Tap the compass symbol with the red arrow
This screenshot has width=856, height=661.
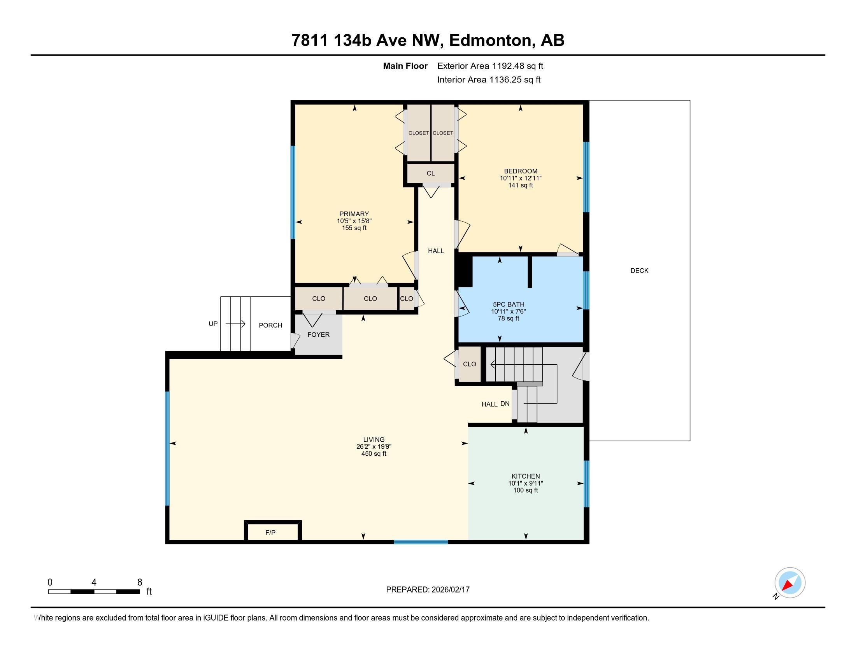(x=789, y=583)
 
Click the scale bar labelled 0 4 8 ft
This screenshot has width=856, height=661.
(x=94, y=591)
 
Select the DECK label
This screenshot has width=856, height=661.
(x=639, y=271)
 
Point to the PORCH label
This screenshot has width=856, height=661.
(x=270, y=325)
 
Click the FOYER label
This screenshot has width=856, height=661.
(x=318, y=335)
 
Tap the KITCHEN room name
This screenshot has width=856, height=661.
(x=526, y=476)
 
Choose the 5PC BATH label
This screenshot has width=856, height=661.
(x=509, y=305)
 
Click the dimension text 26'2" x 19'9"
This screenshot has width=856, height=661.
(x=374, y=447)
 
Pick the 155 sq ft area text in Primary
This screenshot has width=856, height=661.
(x=354, y=228)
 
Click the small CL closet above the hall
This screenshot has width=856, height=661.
(x=430, y=173)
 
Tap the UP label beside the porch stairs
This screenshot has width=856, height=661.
(x=213, y=324)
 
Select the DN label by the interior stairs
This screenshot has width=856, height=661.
(x=505, y=404)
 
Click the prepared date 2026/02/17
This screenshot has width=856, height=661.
(x=450, y=590)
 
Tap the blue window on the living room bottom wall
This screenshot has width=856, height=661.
(x=421, y=542)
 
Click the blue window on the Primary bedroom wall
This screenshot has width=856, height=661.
(x=292, y=192)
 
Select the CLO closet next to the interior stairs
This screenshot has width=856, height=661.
(x=470, y=364)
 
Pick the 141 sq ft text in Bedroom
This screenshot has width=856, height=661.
(x=521, y=185)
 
